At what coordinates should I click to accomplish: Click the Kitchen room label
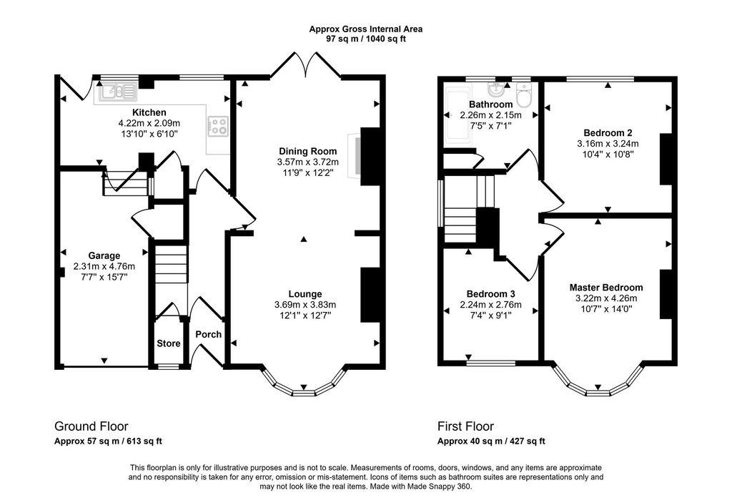149,112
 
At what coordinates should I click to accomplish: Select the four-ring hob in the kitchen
218,127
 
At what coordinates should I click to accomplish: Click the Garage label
104,255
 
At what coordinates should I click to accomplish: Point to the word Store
169,343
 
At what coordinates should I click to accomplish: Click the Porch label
208,334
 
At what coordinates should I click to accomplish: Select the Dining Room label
307,151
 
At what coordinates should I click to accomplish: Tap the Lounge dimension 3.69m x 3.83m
305,304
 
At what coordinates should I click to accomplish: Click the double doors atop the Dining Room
305,66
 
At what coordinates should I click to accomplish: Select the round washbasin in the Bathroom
496,89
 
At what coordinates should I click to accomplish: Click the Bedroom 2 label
607,132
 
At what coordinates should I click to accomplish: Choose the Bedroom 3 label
490,293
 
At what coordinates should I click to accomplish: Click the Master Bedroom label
605,288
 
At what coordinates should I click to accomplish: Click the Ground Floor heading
91,426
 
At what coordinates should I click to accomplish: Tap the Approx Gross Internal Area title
365,29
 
